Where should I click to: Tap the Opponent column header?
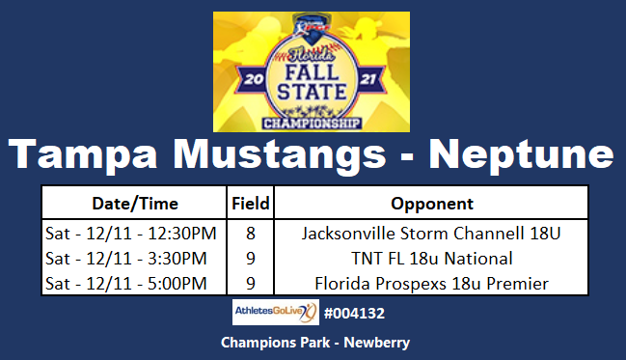point(431,204)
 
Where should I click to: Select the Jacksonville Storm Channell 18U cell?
point(431,233)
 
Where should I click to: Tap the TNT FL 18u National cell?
point(431,258)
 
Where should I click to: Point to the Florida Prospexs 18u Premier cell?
point(431,283)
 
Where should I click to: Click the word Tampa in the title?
point(82,156)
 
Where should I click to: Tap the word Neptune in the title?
point(521,156)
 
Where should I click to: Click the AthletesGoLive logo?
point(275,313)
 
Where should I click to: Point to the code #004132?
point(356,314)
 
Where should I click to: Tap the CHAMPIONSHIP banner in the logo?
point(311,123)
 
